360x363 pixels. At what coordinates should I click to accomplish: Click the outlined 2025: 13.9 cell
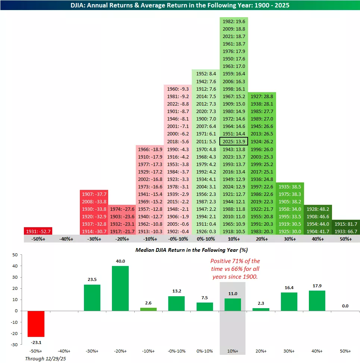pos(234,141)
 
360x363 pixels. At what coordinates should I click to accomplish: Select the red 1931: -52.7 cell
pos(38,231)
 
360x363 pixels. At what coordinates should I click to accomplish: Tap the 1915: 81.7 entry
pos(346,224)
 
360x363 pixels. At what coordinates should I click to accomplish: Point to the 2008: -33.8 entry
pos(94,201)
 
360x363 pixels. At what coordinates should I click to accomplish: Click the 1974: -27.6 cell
pos(122,209)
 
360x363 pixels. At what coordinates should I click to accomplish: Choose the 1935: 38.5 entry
pos(290,187)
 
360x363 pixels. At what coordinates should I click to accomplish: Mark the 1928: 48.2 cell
pos(318,209)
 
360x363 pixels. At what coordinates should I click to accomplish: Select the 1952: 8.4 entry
pos(206,74)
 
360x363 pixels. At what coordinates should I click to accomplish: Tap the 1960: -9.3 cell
pos(178,89)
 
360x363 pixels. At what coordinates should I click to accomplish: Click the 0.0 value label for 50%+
pos(345,306)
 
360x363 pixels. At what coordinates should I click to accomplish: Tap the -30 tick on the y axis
pos(15,344)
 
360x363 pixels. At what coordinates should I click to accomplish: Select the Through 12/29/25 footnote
pos(43,359)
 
